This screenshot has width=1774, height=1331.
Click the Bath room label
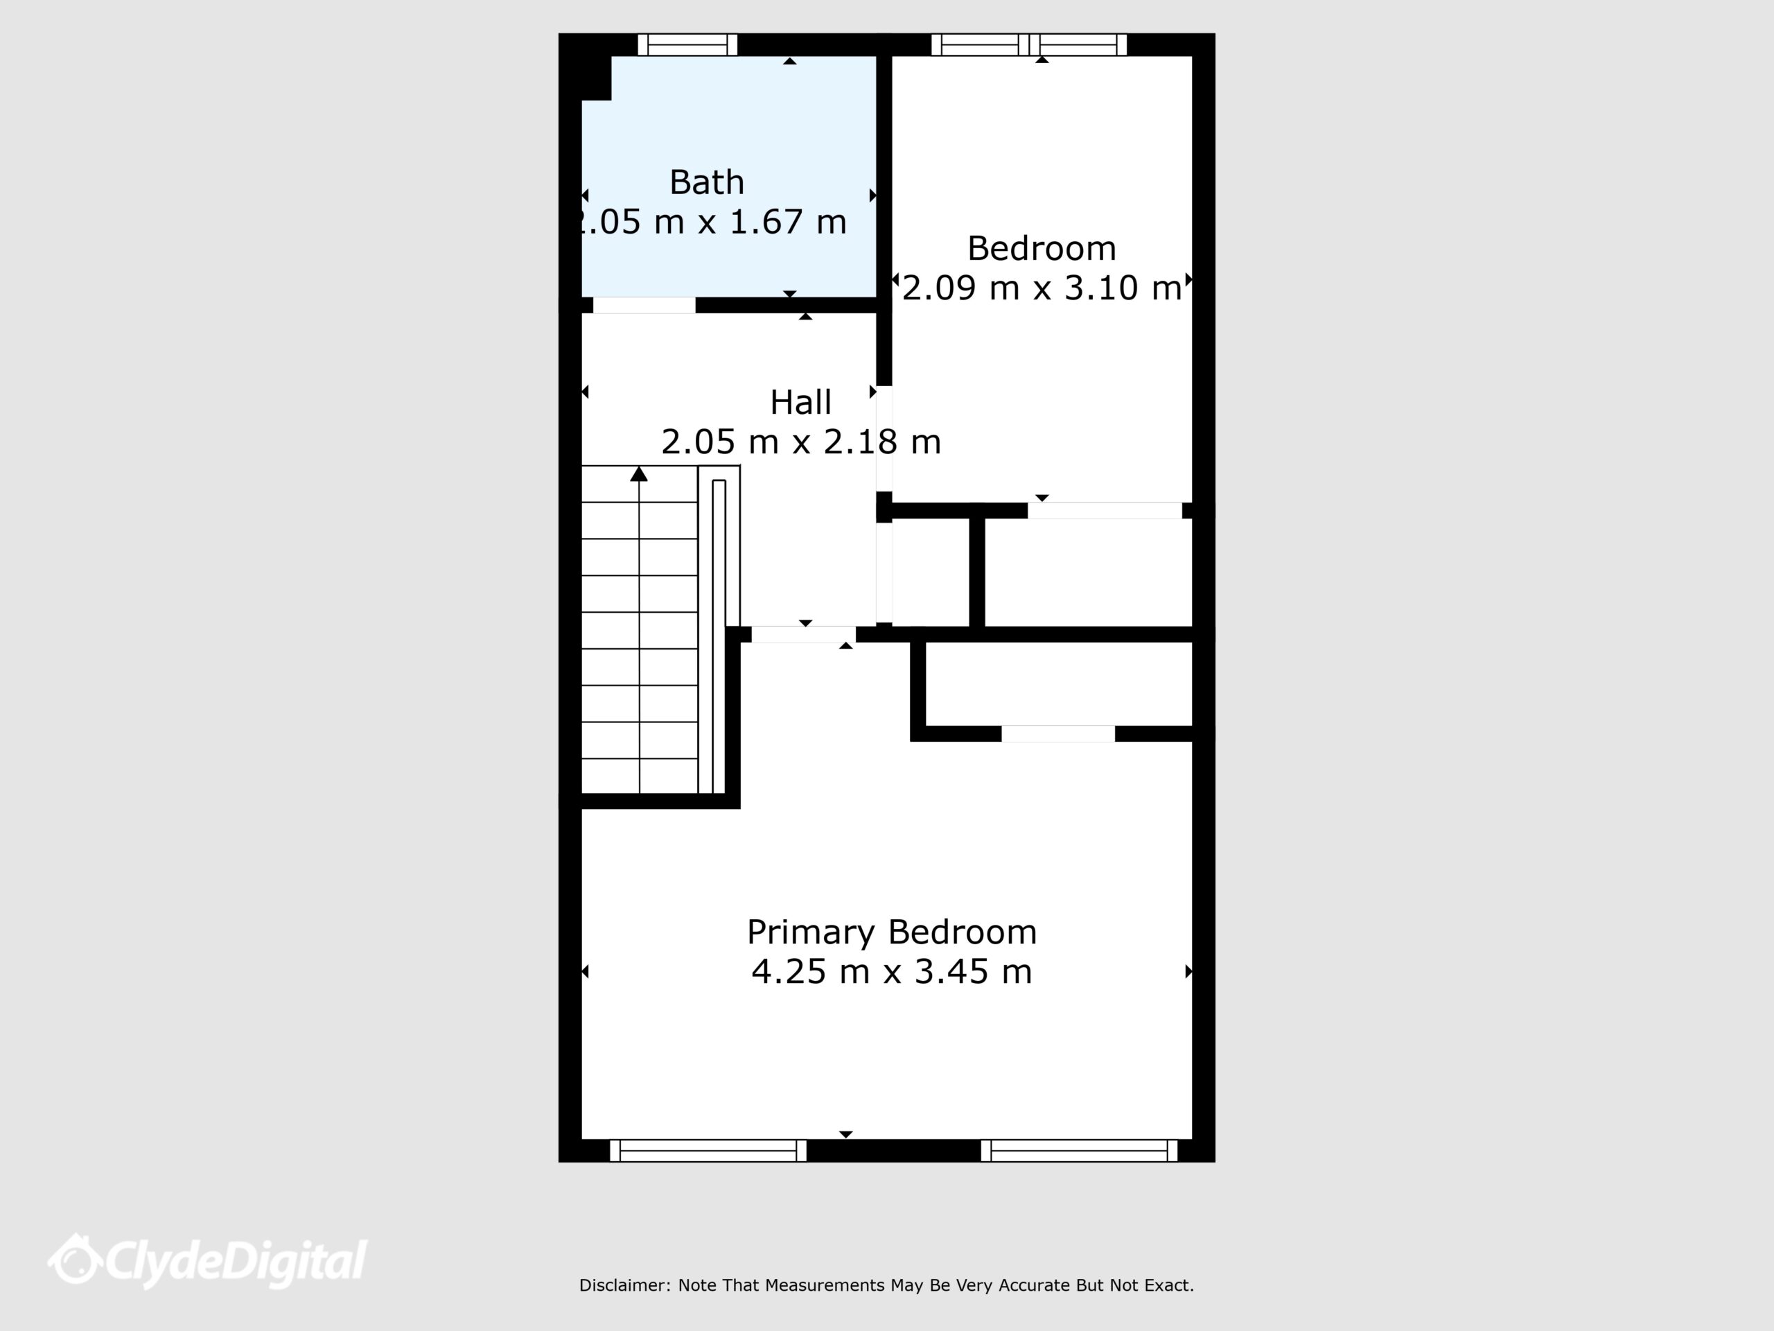[x=707, y=183]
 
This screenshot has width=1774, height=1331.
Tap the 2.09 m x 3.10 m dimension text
[x=1042, y=288]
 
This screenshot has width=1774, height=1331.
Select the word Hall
[x=800, y=403]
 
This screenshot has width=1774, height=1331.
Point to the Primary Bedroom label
[x=892, y=933]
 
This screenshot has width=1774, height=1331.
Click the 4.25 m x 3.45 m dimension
[x=892, y=972]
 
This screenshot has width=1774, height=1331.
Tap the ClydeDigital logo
[x=207, y=1260]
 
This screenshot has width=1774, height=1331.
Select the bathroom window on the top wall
[x=687, y=45]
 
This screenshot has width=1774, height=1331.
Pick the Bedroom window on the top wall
[x=1029, y=45]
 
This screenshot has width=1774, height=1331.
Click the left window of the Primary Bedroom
[x=708, y=1151]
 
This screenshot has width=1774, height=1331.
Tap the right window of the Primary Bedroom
[x=1080, y=1151]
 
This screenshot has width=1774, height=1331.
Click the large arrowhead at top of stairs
[x=639, y=474]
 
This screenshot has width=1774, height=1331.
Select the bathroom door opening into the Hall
[x=644, y=305]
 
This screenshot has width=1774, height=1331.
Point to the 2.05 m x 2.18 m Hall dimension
[x=800, y=442]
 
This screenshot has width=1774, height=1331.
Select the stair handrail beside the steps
[x=719, y=636]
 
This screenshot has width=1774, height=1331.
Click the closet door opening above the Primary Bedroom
[x=1058, y=733]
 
